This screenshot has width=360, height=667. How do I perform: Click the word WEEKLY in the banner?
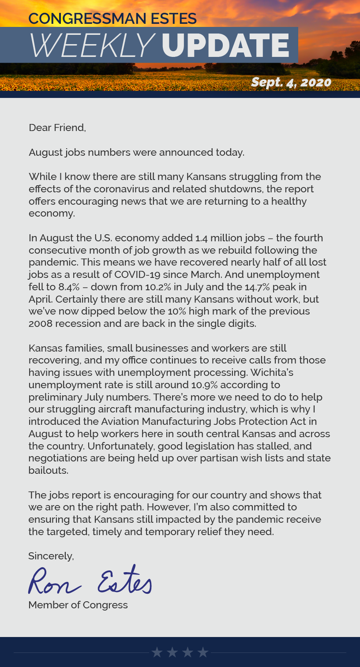coord(91,45)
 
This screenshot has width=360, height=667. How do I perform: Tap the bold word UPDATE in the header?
coord(225,45)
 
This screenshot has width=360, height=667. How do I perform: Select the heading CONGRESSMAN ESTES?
coord(112,19)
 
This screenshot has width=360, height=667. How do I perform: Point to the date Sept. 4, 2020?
coord(291,82)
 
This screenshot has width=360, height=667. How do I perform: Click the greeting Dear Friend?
coord(57,128)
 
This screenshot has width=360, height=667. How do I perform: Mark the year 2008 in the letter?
coord(41,323)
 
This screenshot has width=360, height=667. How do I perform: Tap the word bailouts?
coord(48,470)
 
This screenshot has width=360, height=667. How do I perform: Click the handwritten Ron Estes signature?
coord(90,580)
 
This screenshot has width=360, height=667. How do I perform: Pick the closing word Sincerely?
coord(51,556)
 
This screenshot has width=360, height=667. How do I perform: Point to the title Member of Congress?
coord(78,605)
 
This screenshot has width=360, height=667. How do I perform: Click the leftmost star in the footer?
coord(157,652)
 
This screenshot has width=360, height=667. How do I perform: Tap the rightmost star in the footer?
coord(203,652)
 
